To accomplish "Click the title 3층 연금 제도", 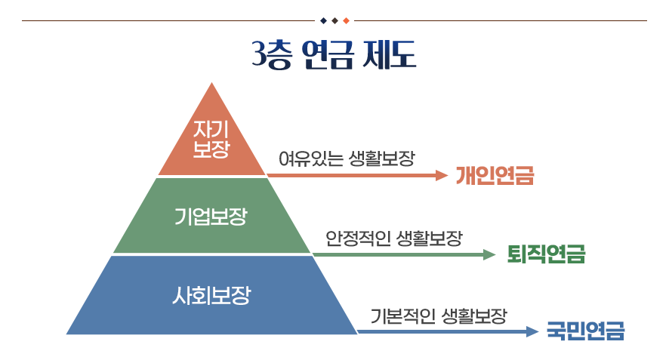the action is coord(334,54).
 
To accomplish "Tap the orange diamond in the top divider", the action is coord(346,20).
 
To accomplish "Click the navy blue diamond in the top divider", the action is coord(323,20).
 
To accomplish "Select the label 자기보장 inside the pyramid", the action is coord(211,139).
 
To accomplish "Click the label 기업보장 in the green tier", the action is coord(211,216).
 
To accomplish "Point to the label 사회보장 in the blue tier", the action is coord(211,295).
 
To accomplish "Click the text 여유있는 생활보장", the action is coord(347,158).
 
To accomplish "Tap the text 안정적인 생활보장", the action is coord(394,238).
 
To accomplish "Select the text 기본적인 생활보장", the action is coord(439,316).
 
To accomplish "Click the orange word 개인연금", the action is coord(495,175).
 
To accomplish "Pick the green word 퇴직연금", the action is coord(546,254).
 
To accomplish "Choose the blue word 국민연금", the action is coord(585,331).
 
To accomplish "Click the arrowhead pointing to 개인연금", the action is coord(442,175).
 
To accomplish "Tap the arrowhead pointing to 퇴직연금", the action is coord(489,254).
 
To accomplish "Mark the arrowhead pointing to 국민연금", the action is coord(533,331).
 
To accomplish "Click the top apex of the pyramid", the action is coord(211,83).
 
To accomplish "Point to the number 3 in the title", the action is coord(257,54).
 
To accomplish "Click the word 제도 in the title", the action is coord(389,54).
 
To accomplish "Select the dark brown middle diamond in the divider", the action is coord(335,20).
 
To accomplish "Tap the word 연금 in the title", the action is coord(328,54).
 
